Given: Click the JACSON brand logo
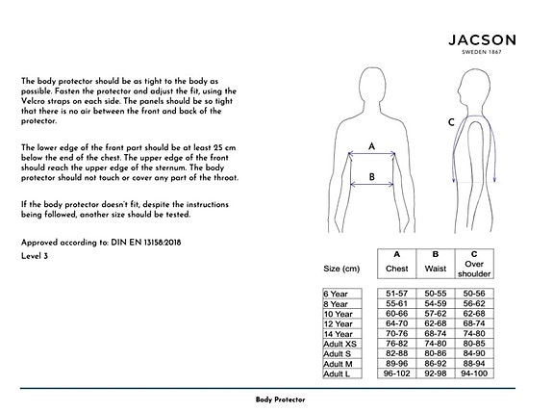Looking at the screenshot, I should click(x=482, y=39).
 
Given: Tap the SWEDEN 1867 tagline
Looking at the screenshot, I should click(x=481, y=53).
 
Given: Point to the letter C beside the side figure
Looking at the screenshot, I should click(x=451, y=123).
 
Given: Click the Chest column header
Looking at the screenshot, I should click(x=396, y=268).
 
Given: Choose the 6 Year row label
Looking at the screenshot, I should click(x=337, y=293).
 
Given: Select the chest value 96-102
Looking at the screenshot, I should click(x=396, y=373).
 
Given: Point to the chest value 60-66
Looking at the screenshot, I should click(x=396, y=313).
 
